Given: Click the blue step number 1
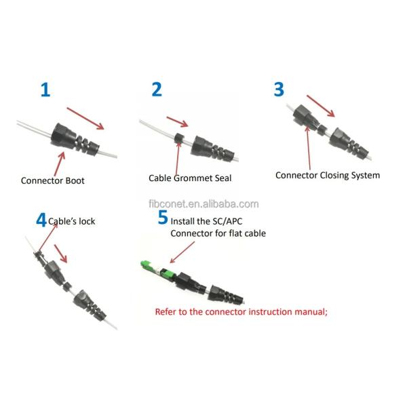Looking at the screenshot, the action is [x=45, y=90].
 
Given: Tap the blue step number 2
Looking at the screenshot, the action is [x=157, y=90].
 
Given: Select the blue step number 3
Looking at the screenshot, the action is [x=279, y=90].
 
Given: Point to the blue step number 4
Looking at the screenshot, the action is [x=41, y=220].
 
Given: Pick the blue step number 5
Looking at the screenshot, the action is [x=163, y=217].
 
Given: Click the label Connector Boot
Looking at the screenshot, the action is [x=53, y=180].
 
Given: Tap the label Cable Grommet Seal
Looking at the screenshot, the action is [x=190, y=178].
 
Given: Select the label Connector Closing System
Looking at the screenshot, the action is [x=328, y=176].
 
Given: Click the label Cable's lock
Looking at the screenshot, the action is [x=72, y=221].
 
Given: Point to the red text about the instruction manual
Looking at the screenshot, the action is [x=241, y=311].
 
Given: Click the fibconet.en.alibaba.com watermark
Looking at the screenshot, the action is [x=203, y=204].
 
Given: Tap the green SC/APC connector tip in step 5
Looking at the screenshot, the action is [x=146, y=266].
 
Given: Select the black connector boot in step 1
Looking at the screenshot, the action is [x=75, y=140].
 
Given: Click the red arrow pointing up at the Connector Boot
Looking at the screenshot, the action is [x=60, y=164].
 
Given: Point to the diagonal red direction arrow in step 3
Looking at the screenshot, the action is [x=321, y=106].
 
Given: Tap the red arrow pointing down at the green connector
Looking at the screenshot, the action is [x=182, y=252].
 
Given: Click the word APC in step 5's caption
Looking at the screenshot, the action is [x=235, y=221].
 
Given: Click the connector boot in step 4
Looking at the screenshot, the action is [x=90, y=305].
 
